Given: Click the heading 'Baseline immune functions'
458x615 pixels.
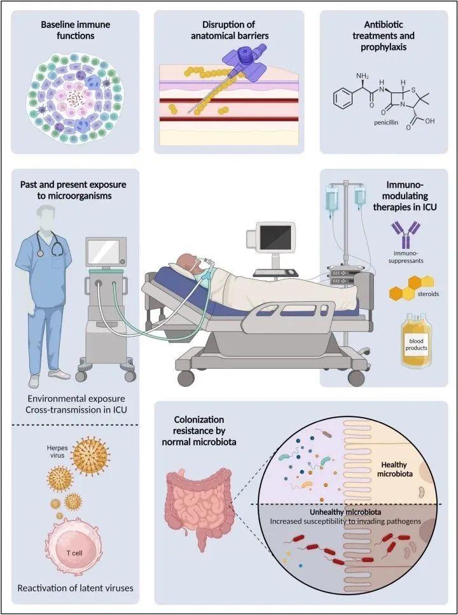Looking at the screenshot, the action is pos(75,30).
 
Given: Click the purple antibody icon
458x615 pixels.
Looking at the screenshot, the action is pos(405,234).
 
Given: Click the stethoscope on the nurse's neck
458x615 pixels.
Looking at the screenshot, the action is pos(50,243).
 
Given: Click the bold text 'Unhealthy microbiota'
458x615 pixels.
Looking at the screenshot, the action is pos(340,512).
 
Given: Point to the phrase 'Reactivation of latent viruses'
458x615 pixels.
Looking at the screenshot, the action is pos(75,588).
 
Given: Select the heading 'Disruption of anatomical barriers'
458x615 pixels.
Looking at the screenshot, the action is pos(230,30).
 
